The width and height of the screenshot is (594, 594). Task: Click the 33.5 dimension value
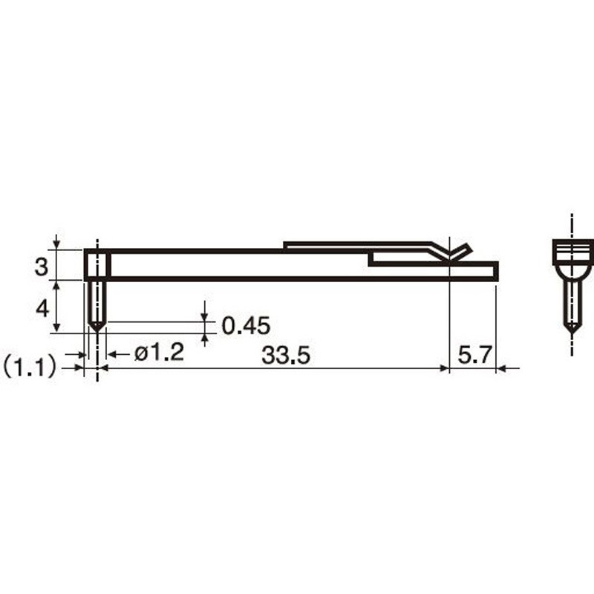coord(286,356)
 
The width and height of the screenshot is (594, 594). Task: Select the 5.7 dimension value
coord(474,355)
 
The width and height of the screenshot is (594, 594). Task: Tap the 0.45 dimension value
coord(246,325)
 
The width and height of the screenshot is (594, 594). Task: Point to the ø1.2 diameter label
coord(160,352)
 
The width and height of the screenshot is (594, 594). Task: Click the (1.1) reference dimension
coord(30,368)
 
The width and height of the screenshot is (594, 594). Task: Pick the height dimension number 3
coord(42,267)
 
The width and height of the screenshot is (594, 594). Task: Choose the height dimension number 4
coord(42,309)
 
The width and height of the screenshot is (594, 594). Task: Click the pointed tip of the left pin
coord(97,331)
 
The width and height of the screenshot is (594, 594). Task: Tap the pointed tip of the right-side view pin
coord(572,333)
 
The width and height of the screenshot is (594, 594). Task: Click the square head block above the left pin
coord(97,264)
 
